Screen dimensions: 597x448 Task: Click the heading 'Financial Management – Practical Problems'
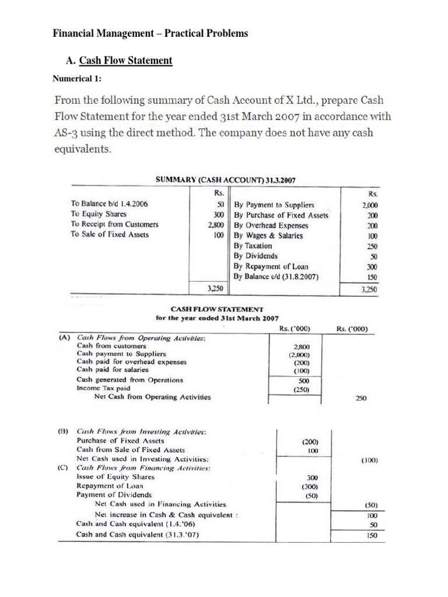click(x=150, y=33)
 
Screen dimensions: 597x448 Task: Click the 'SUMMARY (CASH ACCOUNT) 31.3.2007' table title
click(x=225, y=181)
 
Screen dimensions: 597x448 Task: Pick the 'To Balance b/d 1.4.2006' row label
click(x=110, y=205)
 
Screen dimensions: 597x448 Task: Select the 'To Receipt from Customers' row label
click(x=114, y=224)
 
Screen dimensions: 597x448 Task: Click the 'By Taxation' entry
click(x=253, y=246)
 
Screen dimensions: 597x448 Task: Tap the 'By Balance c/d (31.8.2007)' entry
click(x=276, y=276)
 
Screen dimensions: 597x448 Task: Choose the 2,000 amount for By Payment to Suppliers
click(x=369, y=205)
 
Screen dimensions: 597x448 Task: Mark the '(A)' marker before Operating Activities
click(x=65, y=337)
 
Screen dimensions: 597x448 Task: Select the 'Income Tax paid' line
click(x=103, y=388)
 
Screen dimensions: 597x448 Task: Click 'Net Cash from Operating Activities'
click(x=152, y=397)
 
